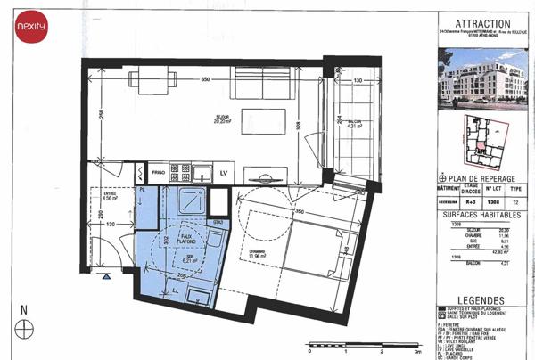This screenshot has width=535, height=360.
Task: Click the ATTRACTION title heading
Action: tap(482, 24)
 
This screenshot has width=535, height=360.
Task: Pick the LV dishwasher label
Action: tap(224, 170)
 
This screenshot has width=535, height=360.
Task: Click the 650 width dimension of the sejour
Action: tap(205, 80)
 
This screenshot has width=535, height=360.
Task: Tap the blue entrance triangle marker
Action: tap(106, 277)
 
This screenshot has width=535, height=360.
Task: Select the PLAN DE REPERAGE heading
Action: tap(486, 178)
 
